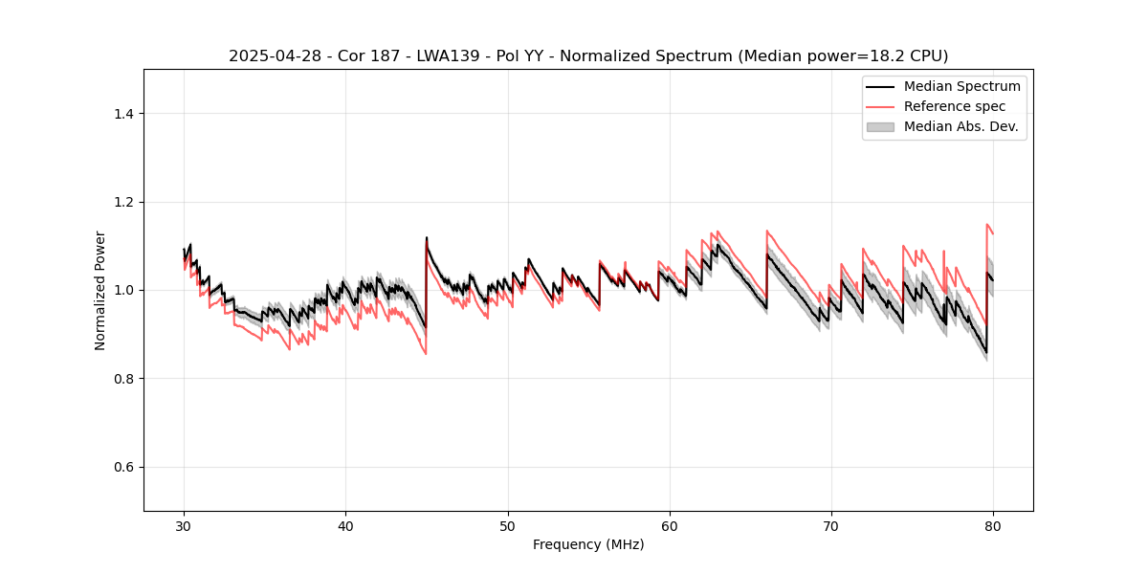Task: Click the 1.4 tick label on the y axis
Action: (x=123, y=114)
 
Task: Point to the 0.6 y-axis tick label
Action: (x=123, y=467)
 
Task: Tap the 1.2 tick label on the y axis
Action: (x=123, y=202)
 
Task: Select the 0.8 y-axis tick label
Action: (x=123, y=379)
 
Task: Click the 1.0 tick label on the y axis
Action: (x=123, y=290)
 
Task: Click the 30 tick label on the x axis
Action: (x=185, y=526)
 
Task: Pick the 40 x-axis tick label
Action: (x=346, y=526)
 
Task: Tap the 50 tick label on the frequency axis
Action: (x=508, y=526)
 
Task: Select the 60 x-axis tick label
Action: (x=670, y=526)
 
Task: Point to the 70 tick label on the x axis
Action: (x=831, y=526)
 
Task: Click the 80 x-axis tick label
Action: (x=993, y=526)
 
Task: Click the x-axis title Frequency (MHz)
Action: (x=588, y=544)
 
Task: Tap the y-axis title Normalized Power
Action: (x=100, y=290)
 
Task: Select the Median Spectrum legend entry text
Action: (x=961, y=86)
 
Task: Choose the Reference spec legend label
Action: (x=954, y=106)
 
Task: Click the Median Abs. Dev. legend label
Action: (x=960, y=126)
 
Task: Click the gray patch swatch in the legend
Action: (x=880, y=126)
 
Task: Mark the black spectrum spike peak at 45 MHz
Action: (x=427, y=238)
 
